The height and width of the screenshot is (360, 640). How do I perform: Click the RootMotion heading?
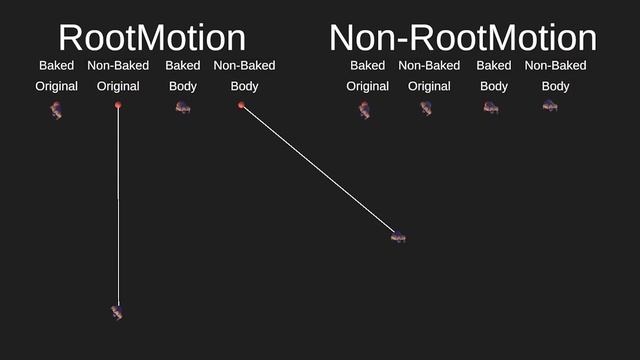(152, 38)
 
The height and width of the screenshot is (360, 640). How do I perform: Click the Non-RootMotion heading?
(463, 38)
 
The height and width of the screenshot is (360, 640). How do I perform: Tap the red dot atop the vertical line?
(118, 104)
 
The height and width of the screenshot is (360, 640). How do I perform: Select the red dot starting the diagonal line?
(242, 105)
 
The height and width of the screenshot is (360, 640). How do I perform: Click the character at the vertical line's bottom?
(117, 313)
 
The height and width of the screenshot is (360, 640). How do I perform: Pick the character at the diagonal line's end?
(398, 236)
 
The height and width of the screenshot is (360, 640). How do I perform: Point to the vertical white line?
(118, 200)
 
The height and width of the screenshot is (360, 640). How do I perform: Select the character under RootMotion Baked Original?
(56, 109)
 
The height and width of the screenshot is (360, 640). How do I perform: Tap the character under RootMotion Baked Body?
(183, 106)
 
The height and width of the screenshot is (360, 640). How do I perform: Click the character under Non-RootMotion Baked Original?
(365, 109)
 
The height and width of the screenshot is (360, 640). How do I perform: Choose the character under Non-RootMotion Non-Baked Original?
(427, 108)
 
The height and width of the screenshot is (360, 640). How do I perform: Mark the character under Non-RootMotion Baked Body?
(491, 106)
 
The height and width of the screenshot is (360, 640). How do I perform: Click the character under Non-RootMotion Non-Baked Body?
(550, 106)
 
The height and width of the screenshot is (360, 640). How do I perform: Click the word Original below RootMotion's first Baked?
(57, 86)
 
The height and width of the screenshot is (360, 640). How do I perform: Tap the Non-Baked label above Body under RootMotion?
(244, 66)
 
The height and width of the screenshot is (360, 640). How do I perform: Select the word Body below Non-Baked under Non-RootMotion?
(556, 86)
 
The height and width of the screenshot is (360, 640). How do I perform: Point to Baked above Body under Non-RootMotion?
(494, 66)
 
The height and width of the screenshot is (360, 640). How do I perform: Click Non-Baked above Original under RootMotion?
(118, 66)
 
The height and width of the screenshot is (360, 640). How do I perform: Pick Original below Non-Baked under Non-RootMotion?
(429, 86)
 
